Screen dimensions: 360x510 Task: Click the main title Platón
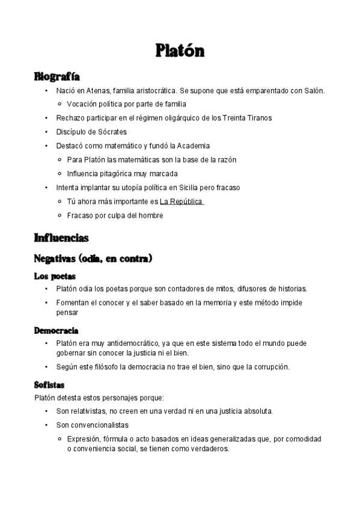[x=180, y=50]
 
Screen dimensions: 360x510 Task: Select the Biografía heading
[x=57, y=77]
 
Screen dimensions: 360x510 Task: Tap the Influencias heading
[x=61, y=238]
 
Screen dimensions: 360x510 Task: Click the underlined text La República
[x=182, y=201]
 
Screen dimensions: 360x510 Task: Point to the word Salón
[x=313, y=91]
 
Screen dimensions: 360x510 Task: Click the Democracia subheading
[x=56, y=331]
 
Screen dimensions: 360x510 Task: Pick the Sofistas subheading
[x=49, y=385]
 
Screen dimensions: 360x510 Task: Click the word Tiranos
[x=258, y=118]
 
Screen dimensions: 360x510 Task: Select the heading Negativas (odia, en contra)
[x=93, y=259]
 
